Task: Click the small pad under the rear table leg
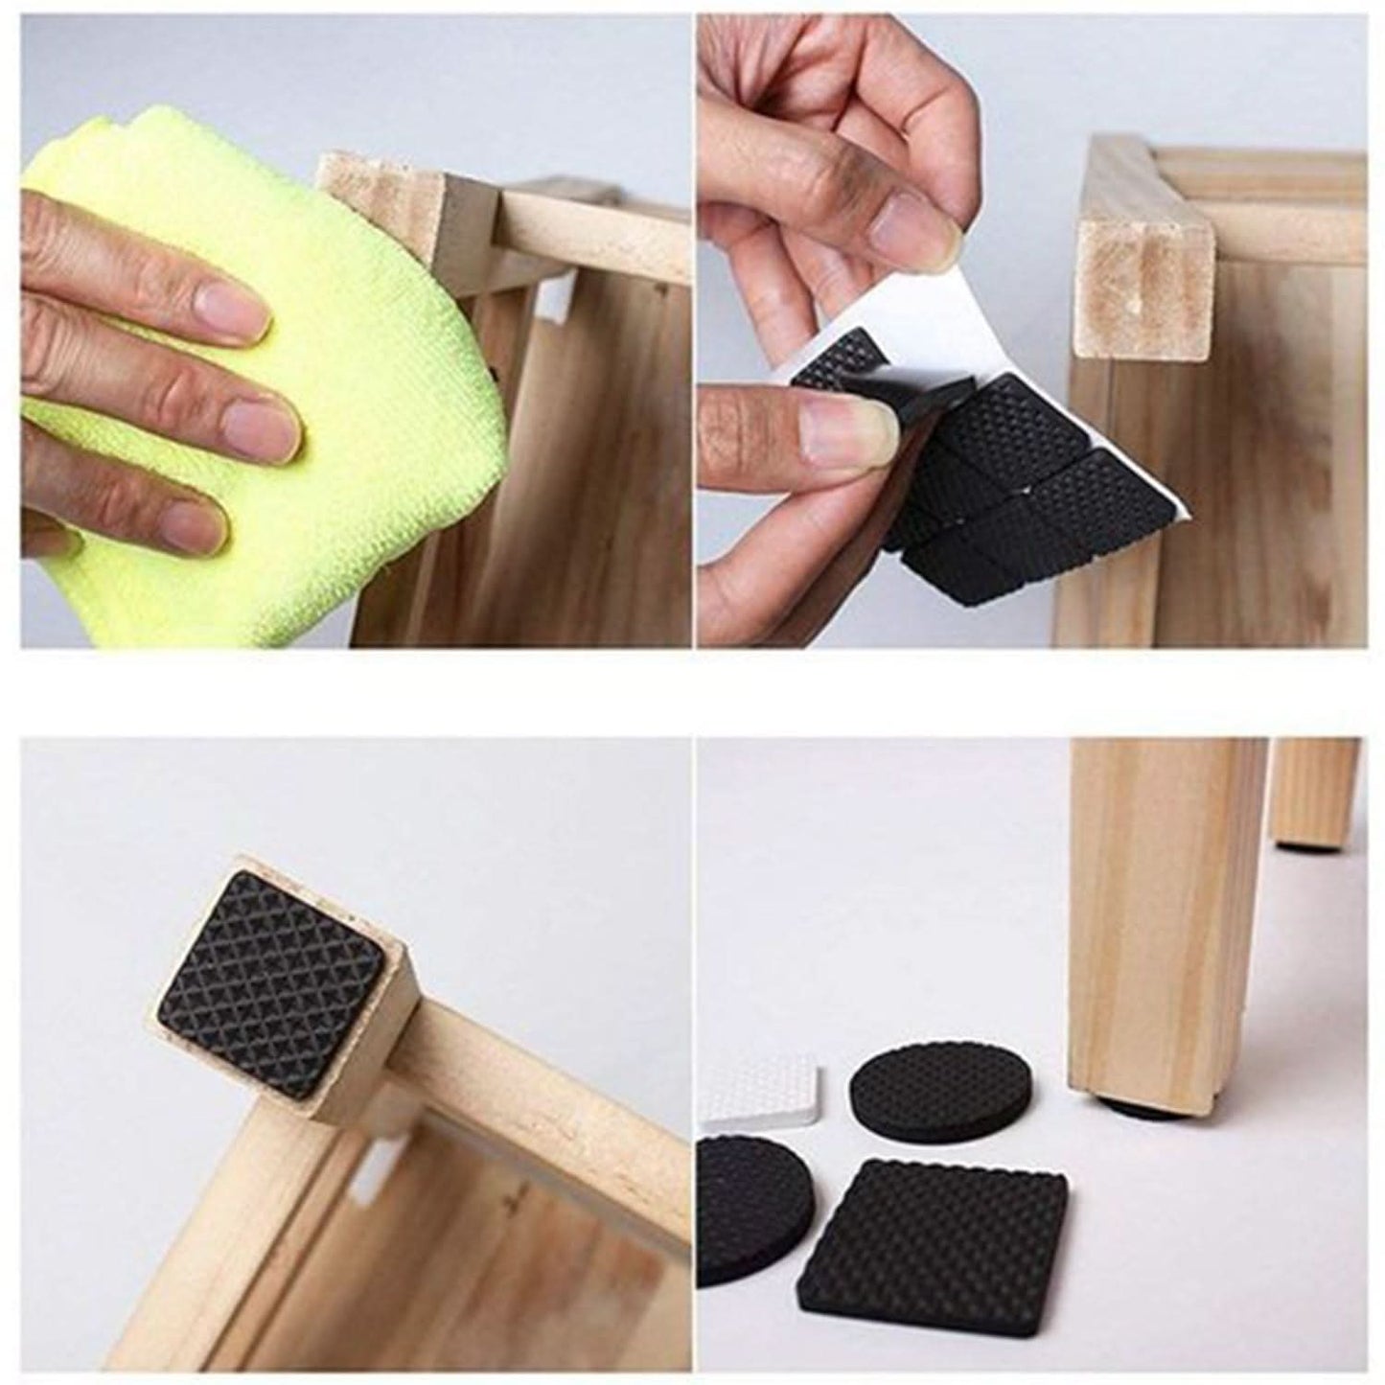(x=1307, y=846)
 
